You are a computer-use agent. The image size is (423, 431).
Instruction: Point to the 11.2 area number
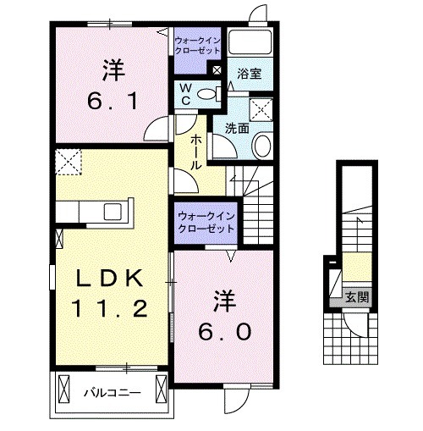[x=110, y=311]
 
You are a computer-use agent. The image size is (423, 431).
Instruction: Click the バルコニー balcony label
[x=107, y=392]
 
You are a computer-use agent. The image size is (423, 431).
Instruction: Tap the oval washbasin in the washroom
[x=261, y=146]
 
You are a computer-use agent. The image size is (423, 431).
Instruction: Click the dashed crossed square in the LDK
[x=67, y=160]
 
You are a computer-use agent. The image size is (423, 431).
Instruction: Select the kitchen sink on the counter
[x=112, y=211]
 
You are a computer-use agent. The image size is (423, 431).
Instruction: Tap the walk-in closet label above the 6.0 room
[x=206, y=224]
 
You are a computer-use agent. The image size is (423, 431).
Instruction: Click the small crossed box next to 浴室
[x=217, y=70]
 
